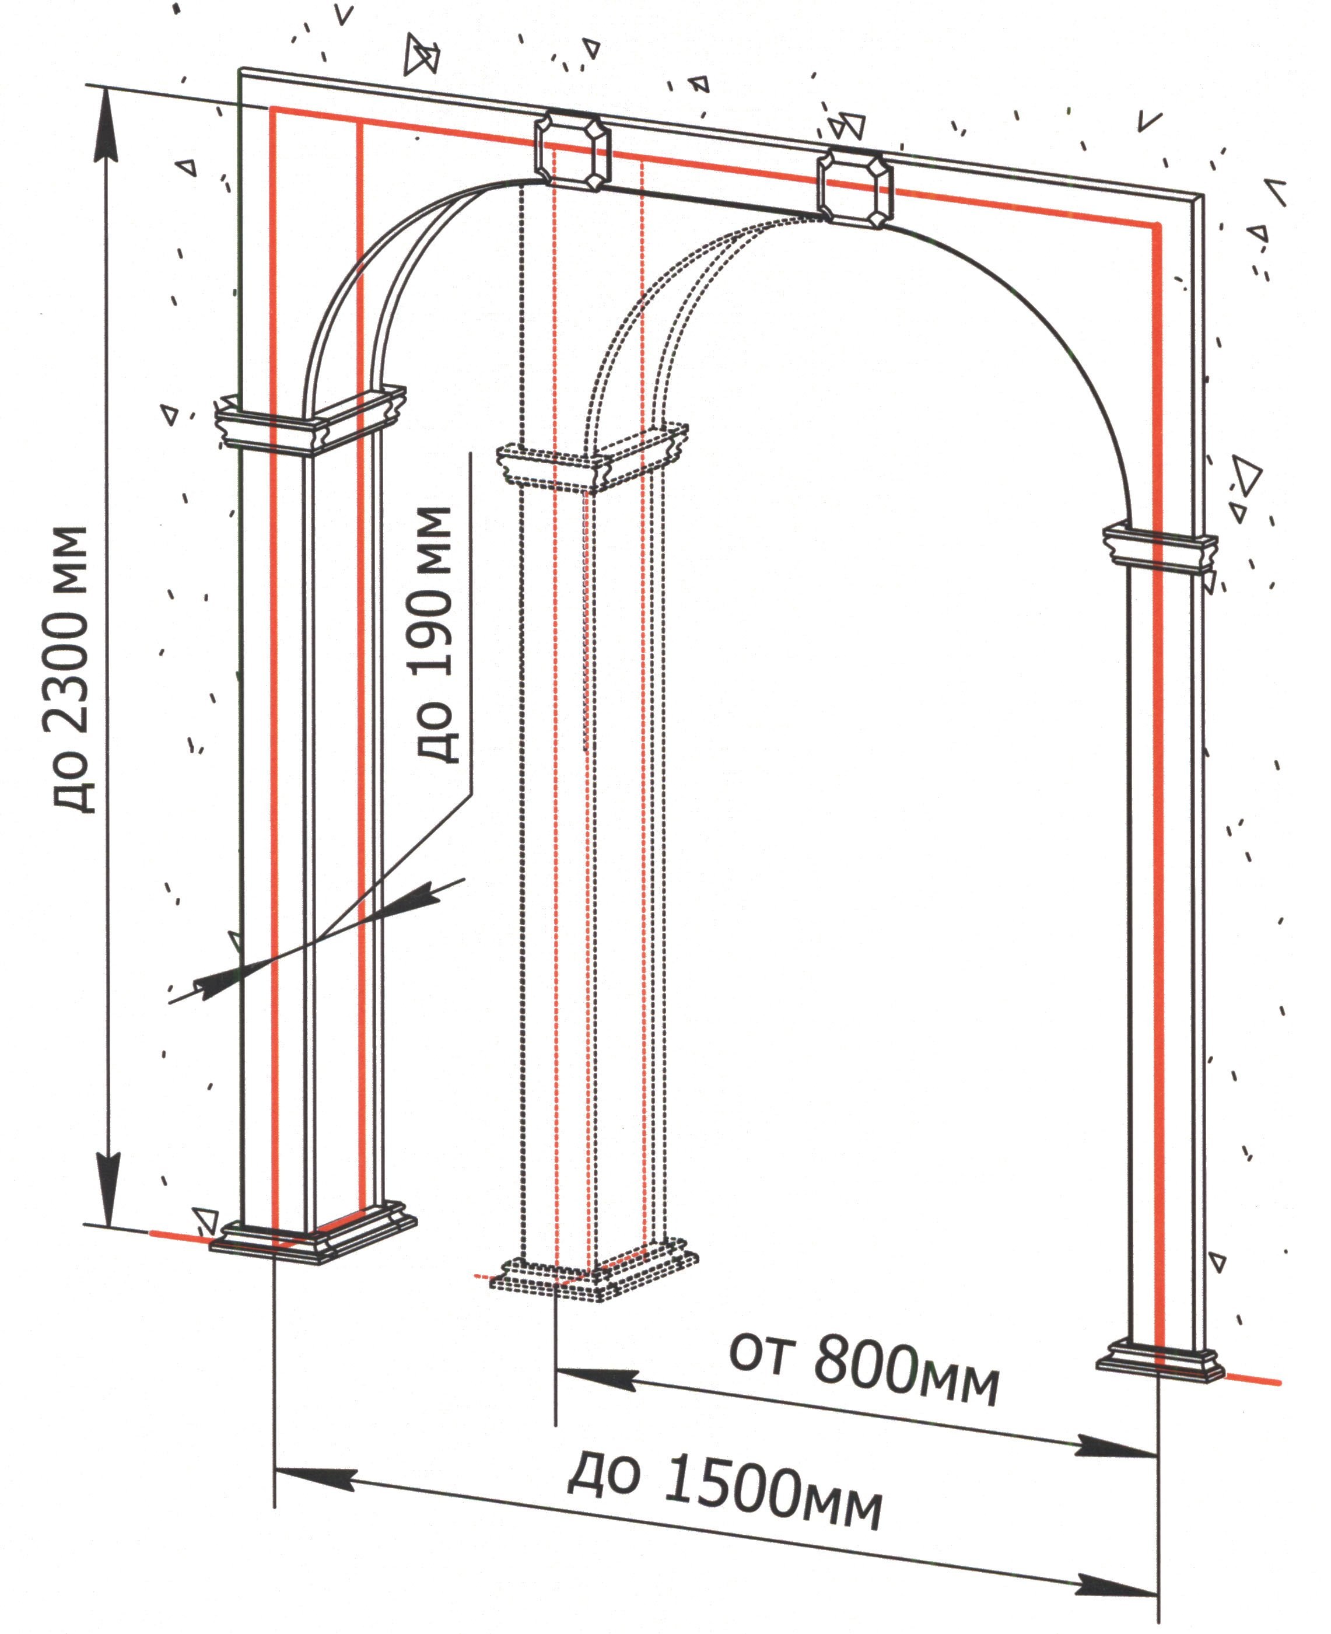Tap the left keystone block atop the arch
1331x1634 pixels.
pyautogui.click(x=572, y=151)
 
